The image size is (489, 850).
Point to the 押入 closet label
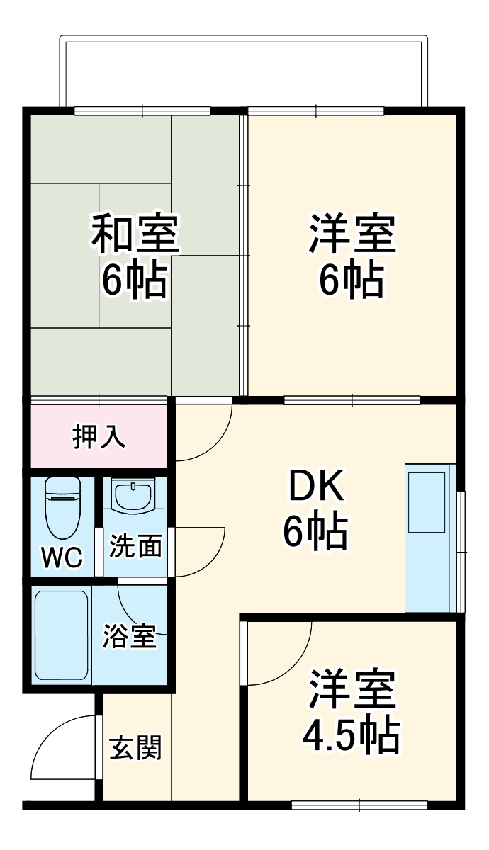pyautogui.click(x=99, y=437)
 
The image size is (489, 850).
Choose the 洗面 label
pyautogui.click(x=135, y=546)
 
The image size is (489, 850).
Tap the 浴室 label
pyautogui.click(x=129, y=635)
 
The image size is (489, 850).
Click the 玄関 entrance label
pyautogui.click(x=135, y=747)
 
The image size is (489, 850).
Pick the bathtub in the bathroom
pyautogui.click(x=62, y=636)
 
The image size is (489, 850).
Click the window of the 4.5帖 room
pyautogui.click(x=359, y=805)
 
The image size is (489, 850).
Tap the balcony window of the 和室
pyautogui.click(x=142, y=110)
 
